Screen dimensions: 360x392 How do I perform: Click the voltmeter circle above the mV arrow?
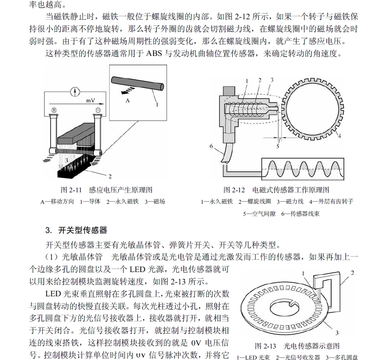coord(74,91)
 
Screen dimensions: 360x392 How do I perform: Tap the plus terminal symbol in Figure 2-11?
coord(54,110)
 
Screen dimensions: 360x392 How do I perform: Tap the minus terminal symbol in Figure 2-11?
coord(97,110)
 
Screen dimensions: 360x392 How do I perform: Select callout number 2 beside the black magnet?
coord(110,177)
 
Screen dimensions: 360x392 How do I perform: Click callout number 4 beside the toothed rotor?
coord(340,136)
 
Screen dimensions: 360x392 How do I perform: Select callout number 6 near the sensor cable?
coord(211,146)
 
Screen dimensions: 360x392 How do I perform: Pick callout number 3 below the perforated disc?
coord(337,332)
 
